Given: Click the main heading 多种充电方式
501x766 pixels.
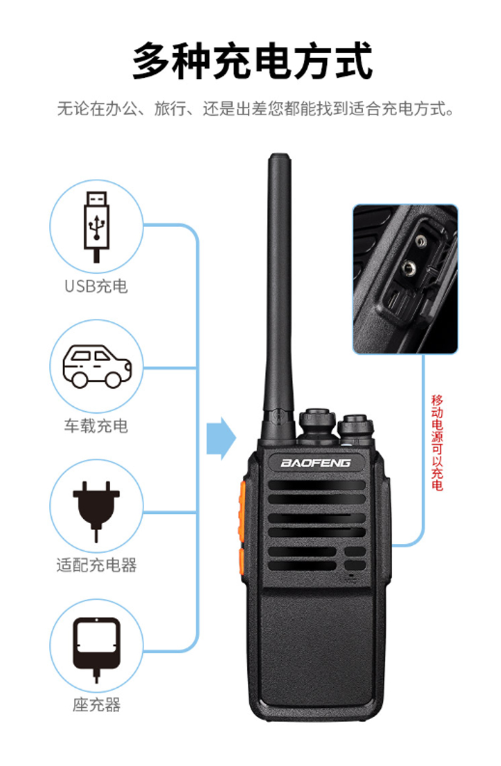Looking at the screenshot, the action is tap(252, 61).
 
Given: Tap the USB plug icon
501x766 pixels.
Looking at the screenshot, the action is tap(96, 227).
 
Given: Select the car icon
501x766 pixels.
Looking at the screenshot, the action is tap(97, 366).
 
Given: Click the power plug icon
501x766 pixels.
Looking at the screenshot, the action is tap(96, 511).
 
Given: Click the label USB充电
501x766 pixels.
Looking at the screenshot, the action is tap(96, 286).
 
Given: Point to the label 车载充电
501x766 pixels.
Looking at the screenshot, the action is tap(96, 426).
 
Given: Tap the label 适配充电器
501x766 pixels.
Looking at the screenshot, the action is tap(96, 565).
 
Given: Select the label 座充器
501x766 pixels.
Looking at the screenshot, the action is tap(96, 705).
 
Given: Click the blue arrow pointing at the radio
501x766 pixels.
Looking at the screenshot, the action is tap(221, 438).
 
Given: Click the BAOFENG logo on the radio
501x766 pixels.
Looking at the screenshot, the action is tap(316, 463).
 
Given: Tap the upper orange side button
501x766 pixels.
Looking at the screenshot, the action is tap(242, 511).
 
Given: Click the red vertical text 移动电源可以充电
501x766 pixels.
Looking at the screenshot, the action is tap(437, 443).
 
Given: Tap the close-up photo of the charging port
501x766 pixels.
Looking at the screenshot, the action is tap(405, 279).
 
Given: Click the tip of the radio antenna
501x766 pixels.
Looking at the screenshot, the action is tap(279, 155).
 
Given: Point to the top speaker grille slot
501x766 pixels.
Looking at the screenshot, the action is tap(316, 485).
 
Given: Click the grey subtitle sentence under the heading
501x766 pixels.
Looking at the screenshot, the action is tap(256, 109).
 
